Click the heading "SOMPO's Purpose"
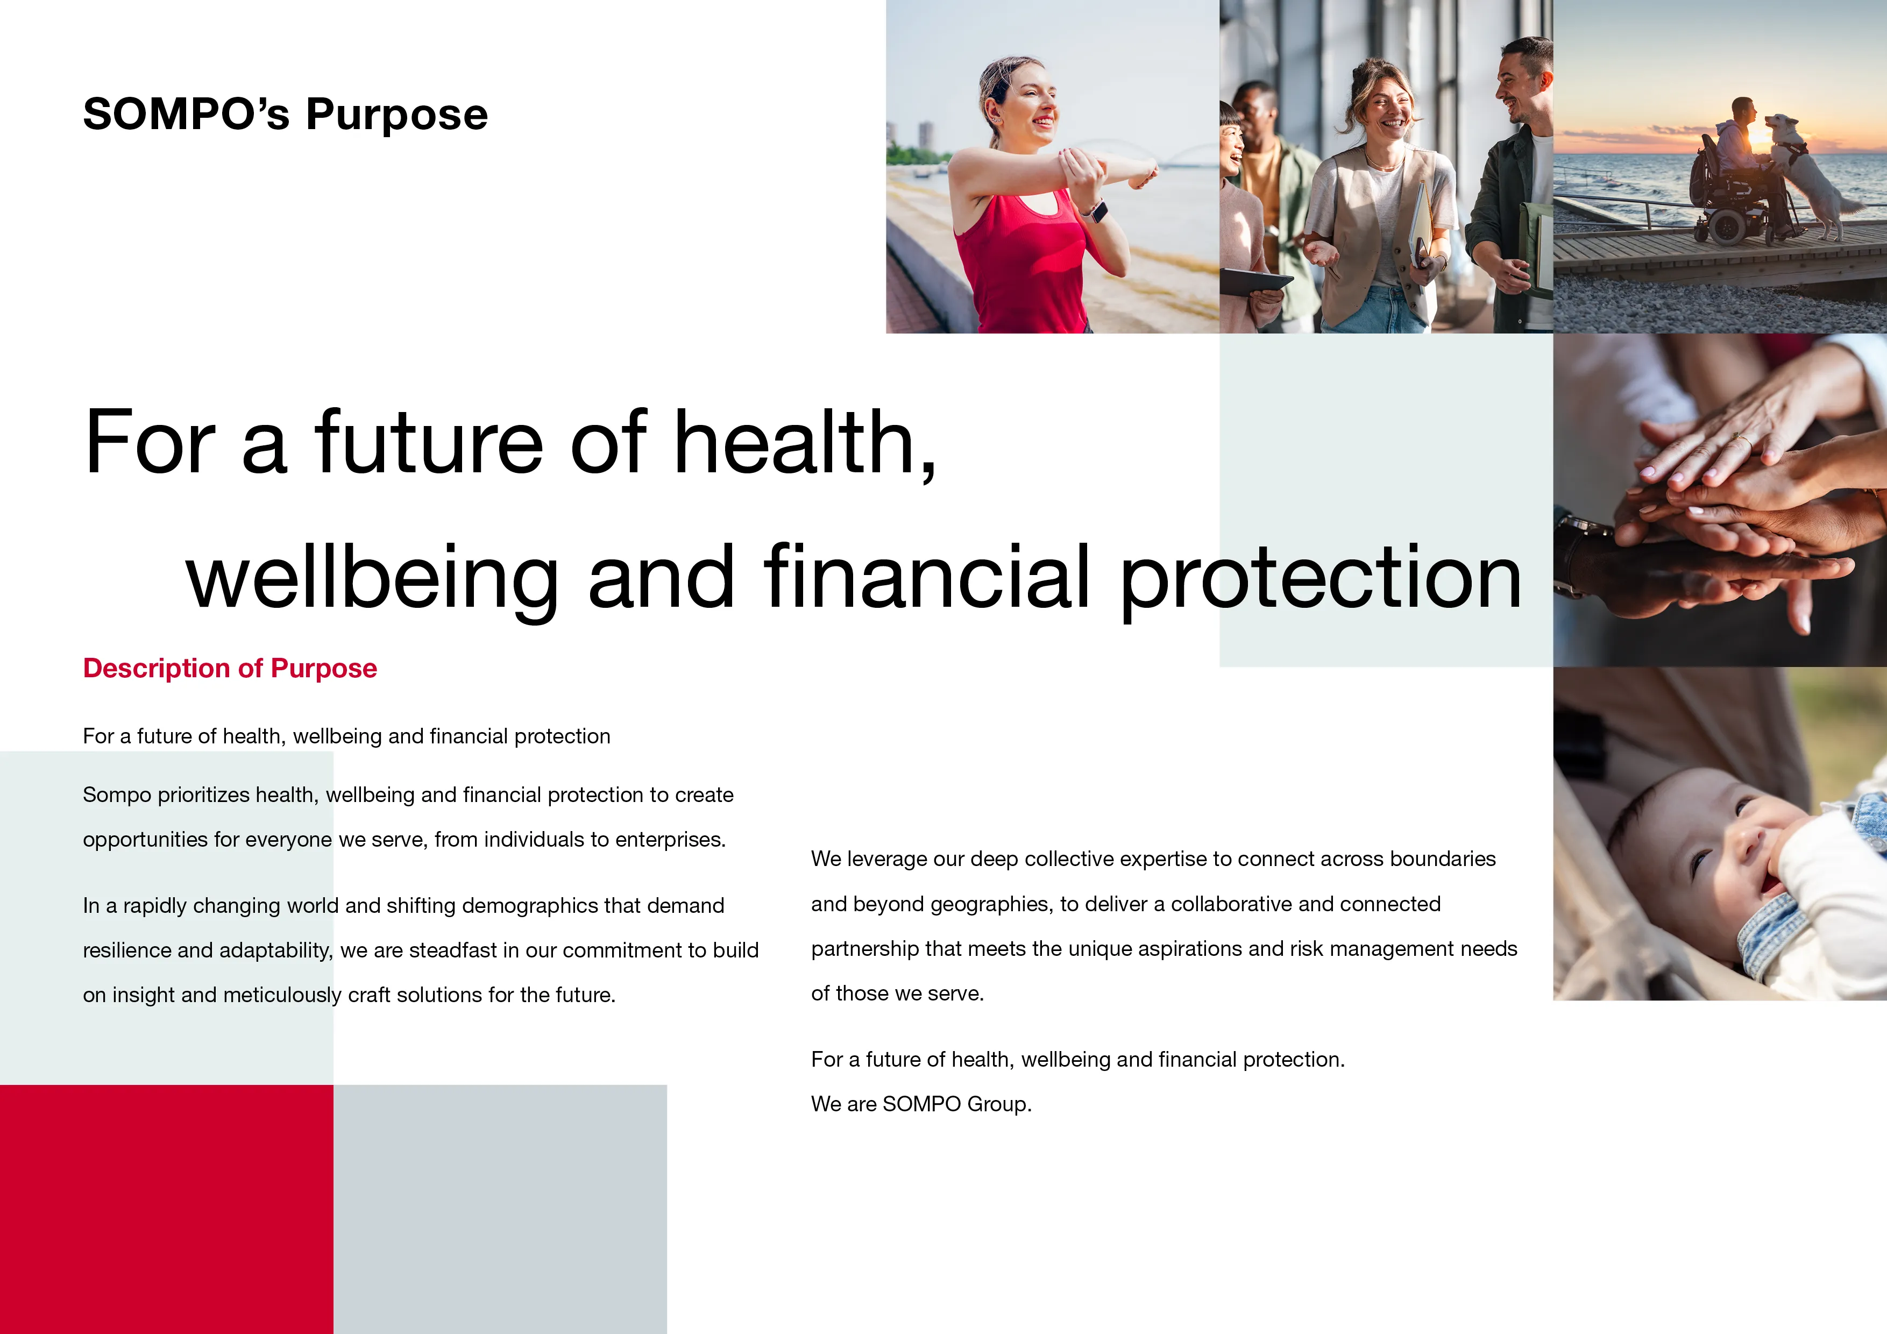coord(285,114)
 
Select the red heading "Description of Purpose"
coord(230,668)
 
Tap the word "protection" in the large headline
coord(1321,579)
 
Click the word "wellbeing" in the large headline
coord(372,579)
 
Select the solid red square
coord(166,1208)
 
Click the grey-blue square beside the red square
coord(500,1208)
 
